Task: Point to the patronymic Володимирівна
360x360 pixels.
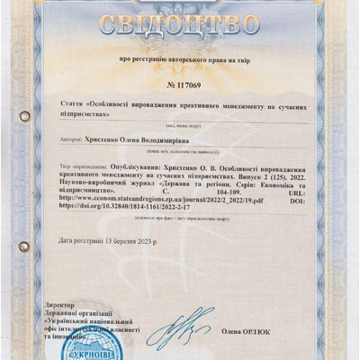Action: coord(184,141)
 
